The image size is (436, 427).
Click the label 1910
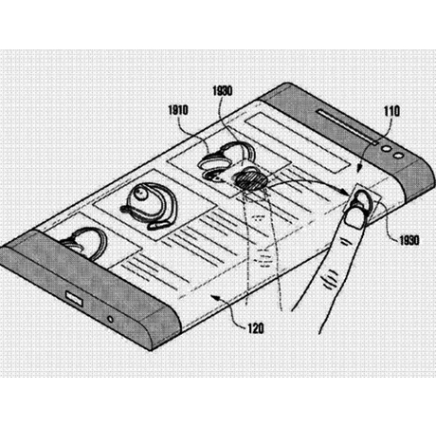pyautogui.click(x=178, y=110)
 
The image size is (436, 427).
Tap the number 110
pyautogui.click(x=391, y=111)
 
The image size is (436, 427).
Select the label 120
pyautogui.click(x=256, y=328)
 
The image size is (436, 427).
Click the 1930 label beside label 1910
pyautogui.click(x=223, y=91)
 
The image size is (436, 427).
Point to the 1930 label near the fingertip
pyautogui.click(x=409, y=240)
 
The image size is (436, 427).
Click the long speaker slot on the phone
pyautogui.click(x=348, y=127)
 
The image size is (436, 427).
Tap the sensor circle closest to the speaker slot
pyautogui.click(x=386, y=148)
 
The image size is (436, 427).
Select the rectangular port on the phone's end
pyautogui.click(x=74, y=299)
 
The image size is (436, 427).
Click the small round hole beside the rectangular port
pyautogui.click(x=110, y=319)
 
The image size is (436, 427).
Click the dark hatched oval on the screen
pyautogui.click(x=251, y=180)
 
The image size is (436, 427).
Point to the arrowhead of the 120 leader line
pyautogui.click(x=215, y=297)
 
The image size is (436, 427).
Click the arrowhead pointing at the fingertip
pyautogui.click(x=346, y=192)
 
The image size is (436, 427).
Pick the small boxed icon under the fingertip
pyautogui.click(x=363, y=202)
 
